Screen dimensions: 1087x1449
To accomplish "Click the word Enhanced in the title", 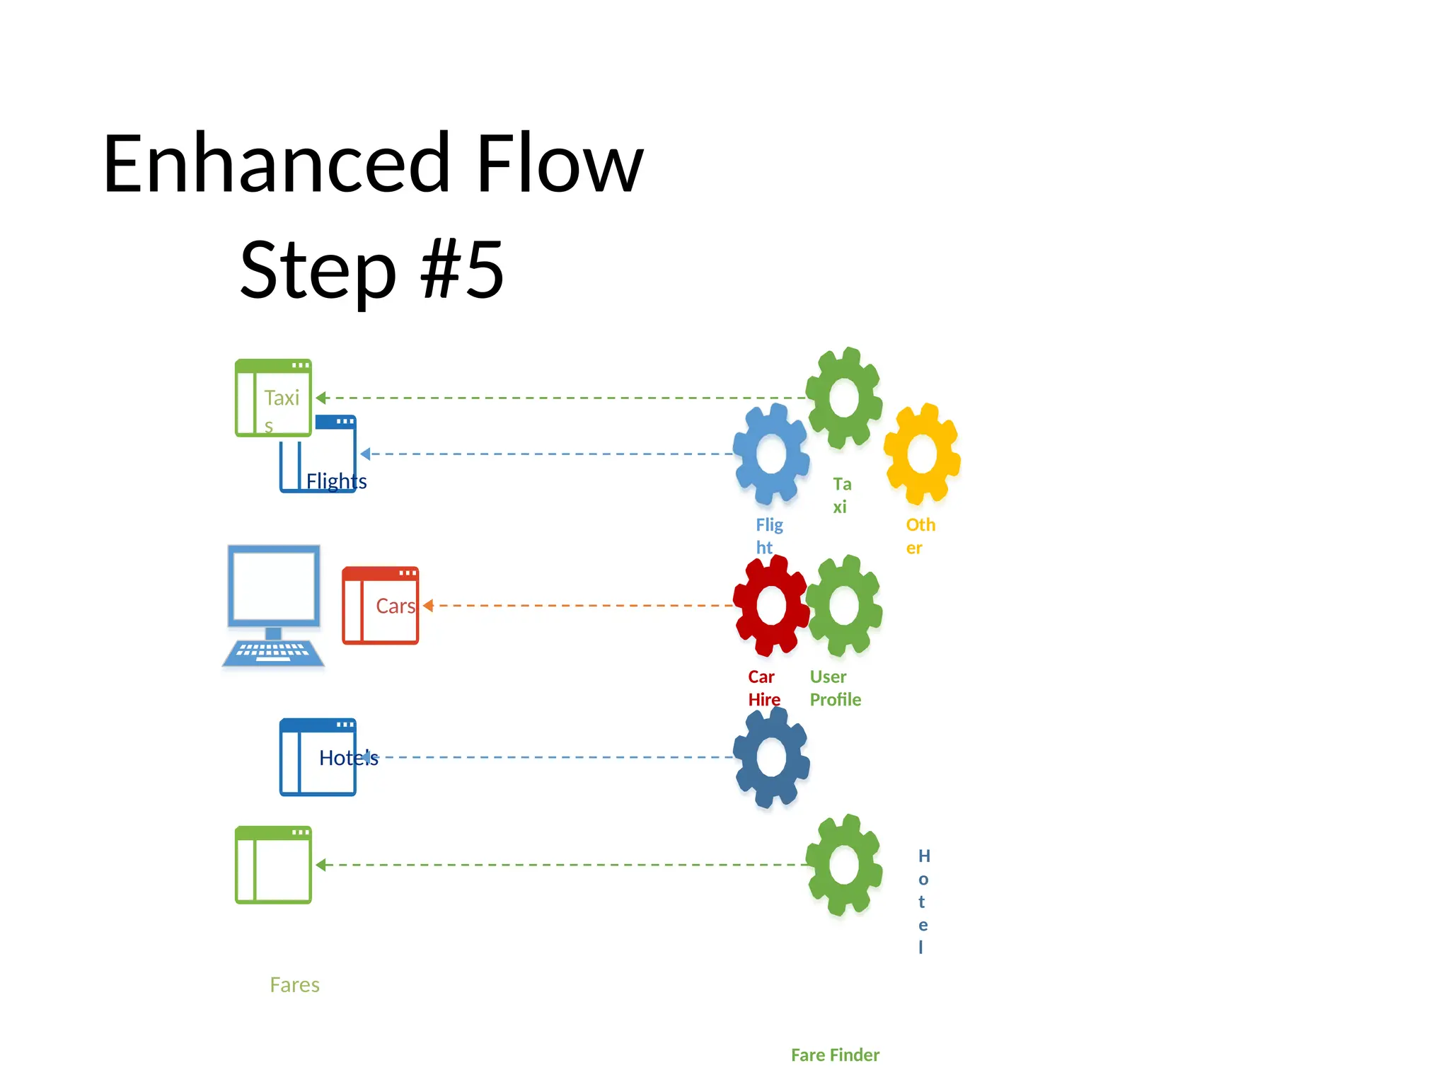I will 276,164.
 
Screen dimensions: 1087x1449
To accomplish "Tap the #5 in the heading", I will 462,270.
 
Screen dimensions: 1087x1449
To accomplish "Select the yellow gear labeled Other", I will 922,454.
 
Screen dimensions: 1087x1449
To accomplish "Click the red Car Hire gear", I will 770,606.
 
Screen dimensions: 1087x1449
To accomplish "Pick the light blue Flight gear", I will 770,454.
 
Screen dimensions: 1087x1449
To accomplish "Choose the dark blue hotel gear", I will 770,757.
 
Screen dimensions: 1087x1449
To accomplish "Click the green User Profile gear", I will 844,606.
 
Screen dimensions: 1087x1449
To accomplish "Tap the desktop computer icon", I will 274,587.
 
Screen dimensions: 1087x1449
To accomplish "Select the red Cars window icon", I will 380,606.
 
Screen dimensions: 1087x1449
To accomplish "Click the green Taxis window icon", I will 273,398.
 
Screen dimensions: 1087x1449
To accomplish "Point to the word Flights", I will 336,481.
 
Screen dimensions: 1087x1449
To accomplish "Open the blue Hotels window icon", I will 318,757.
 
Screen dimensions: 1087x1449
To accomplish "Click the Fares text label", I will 294,985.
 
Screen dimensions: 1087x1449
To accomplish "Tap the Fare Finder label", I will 835,1055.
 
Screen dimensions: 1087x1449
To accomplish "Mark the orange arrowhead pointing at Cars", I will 428,606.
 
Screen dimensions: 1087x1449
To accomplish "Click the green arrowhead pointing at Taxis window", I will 321,398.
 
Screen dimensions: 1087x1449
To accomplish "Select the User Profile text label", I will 835,688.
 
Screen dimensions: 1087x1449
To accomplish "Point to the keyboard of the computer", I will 273,651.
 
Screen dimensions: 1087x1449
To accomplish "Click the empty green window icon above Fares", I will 273,865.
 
